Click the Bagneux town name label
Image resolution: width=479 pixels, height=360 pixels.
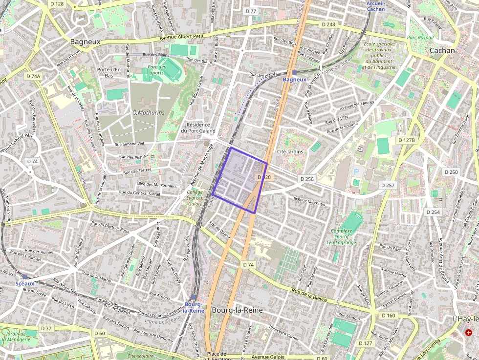85,42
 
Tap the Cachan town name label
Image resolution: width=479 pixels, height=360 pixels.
442,50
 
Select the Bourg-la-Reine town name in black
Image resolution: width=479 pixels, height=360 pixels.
238,310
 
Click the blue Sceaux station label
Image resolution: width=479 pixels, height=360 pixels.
25,283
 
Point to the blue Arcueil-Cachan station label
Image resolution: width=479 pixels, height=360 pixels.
375,6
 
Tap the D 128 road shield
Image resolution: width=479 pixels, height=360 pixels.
57,4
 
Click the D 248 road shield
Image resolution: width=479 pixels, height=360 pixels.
328,24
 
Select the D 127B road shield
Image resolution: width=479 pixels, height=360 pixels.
406,140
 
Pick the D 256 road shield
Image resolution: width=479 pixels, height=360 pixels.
306,179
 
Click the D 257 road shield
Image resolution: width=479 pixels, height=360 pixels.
387,186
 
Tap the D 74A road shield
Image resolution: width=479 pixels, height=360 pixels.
33,76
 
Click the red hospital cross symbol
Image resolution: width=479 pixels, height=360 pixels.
469,333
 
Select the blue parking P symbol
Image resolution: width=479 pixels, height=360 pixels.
356,172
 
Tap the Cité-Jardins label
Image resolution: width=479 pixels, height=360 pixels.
290,151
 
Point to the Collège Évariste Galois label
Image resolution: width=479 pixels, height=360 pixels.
195,198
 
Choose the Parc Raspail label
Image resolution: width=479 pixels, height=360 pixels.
420,37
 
